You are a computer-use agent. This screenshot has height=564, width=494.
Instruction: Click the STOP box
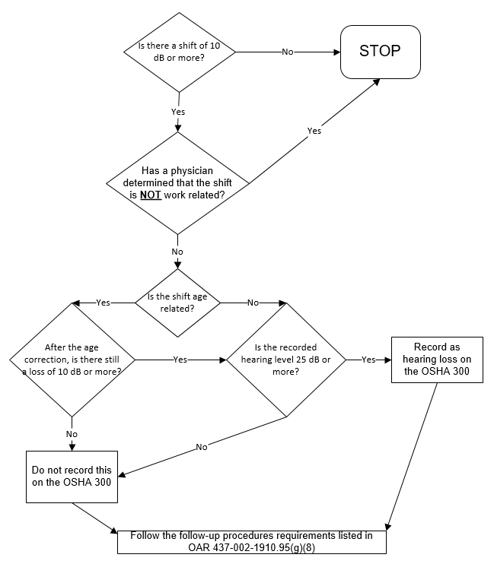tap(381, 52)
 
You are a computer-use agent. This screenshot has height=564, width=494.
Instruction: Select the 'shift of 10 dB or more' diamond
tap(179, 52)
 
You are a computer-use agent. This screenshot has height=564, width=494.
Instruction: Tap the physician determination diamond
tap(177, 182)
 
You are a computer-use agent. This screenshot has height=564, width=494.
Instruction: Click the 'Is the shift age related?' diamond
tap(177, 303)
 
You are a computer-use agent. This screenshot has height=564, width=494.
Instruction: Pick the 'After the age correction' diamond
tap(72, 359)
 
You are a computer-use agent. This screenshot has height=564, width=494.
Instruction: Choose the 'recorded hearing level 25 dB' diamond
tap(285, 359)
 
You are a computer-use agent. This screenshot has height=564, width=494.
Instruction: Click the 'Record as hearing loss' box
tap(437, 359)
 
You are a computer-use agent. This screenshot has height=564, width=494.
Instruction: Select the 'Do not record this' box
tap(72, 477)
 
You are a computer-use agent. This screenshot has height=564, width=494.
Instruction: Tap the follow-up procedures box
tap(251, 540)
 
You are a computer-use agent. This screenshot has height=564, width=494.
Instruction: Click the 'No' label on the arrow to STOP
tap(288, 52)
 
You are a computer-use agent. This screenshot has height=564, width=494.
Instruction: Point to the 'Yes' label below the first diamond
tap(178, 112)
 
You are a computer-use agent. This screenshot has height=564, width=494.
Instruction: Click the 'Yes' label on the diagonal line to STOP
tap(314, 131)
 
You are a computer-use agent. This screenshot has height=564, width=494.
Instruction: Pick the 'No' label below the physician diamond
tap(177, 252)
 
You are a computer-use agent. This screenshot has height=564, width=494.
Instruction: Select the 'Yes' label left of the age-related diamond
tap(103, 303)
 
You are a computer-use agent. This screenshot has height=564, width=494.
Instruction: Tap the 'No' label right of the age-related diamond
tap(253, 303)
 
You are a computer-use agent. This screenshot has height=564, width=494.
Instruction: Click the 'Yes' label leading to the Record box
tap(368, 359)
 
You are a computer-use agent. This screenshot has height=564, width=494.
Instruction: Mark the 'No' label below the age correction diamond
tap(72, 434)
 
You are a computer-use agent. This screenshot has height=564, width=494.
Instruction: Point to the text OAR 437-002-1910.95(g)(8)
tap(251, 547)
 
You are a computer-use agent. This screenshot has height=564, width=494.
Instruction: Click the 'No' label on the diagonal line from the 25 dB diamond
tap(202, 447)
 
